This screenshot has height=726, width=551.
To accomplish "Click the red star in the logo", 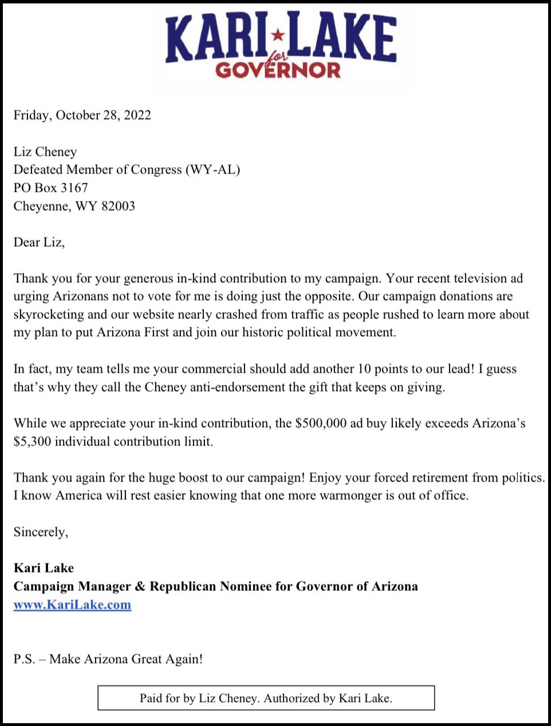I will (x=278, y=35).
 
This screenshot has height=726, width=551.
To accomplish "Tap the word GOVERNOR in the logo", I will (x=278, y=70).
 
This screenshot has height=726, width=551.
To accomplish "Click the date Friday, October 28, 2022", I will (x=82, y=115).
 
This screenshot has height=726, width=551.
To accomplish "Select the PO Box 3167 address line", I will (x=51, y=188).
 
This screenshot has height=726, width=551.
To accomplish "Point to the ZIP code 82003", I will (x=118, y=206).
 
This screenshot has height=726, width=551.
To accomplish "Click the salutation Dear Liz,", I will (x=39, y=242).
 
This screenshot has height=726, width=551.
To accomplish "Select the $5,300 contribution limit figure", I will (x=32, y=442).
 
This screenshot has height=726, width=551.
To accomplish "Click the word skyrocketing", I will (x=49, y=314).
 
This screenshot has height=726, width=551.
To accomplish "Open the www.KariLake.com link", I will (x=72, y=605).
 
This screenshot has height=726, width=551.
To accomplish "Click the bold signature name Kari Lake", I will (x=44, y=568).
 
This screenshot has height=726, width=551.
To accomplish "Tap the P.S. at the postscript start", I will (x=24, y=659).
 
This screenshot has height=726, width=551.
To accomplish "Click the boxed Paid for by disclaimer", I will (x=266, y=698).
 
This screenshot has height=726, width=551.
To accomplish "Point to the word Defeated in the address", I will (x=38, y=169).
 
